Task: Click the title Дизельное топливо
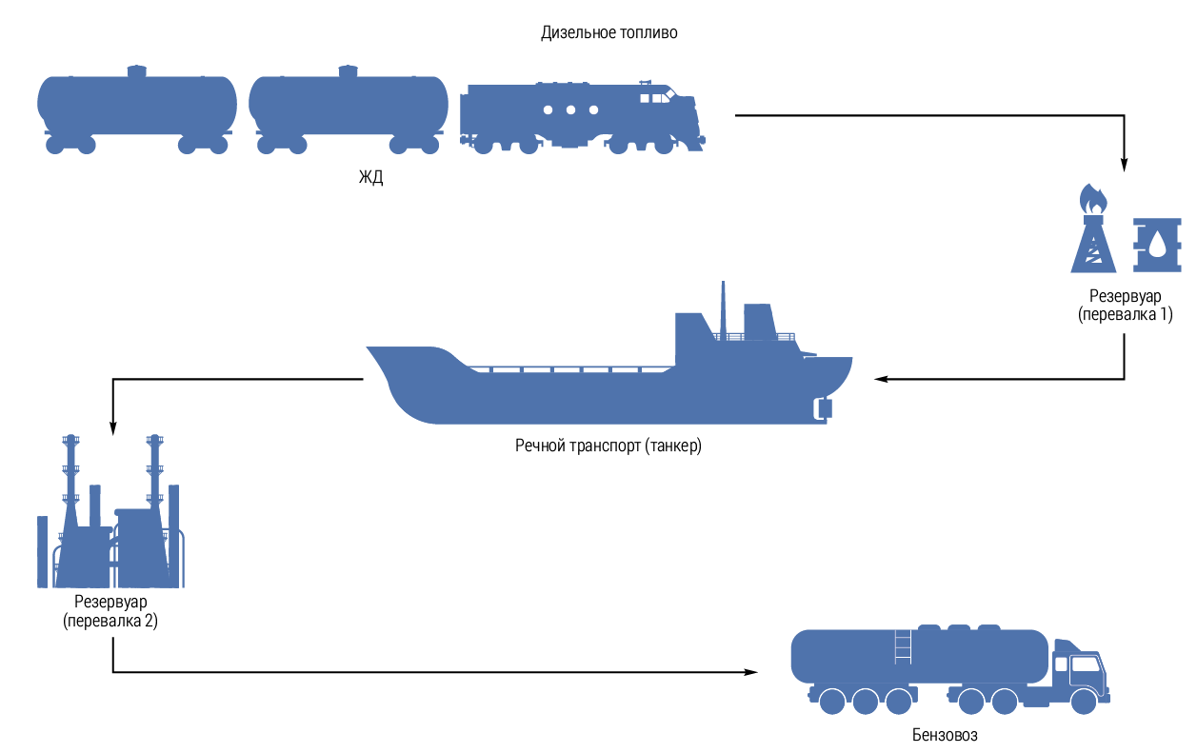[x=608, y=32]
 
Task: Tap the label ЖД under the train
[x=370, y=177]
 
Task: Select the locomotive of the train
[x=581, y=117]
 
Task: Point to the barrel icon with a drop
[x=1157, y=246]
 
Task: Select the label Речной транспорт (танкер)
[x=608, y=445]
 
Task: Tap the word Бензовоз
[x=945, y=735]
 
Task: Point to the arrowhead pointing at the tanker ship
[x=881, y=379]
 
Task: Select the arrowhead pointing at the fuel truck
[x=751, y=672]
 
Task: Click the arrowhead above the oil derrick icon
[x=1125, y=164]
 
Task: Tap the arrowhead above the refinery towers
[x=112, y=427]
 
